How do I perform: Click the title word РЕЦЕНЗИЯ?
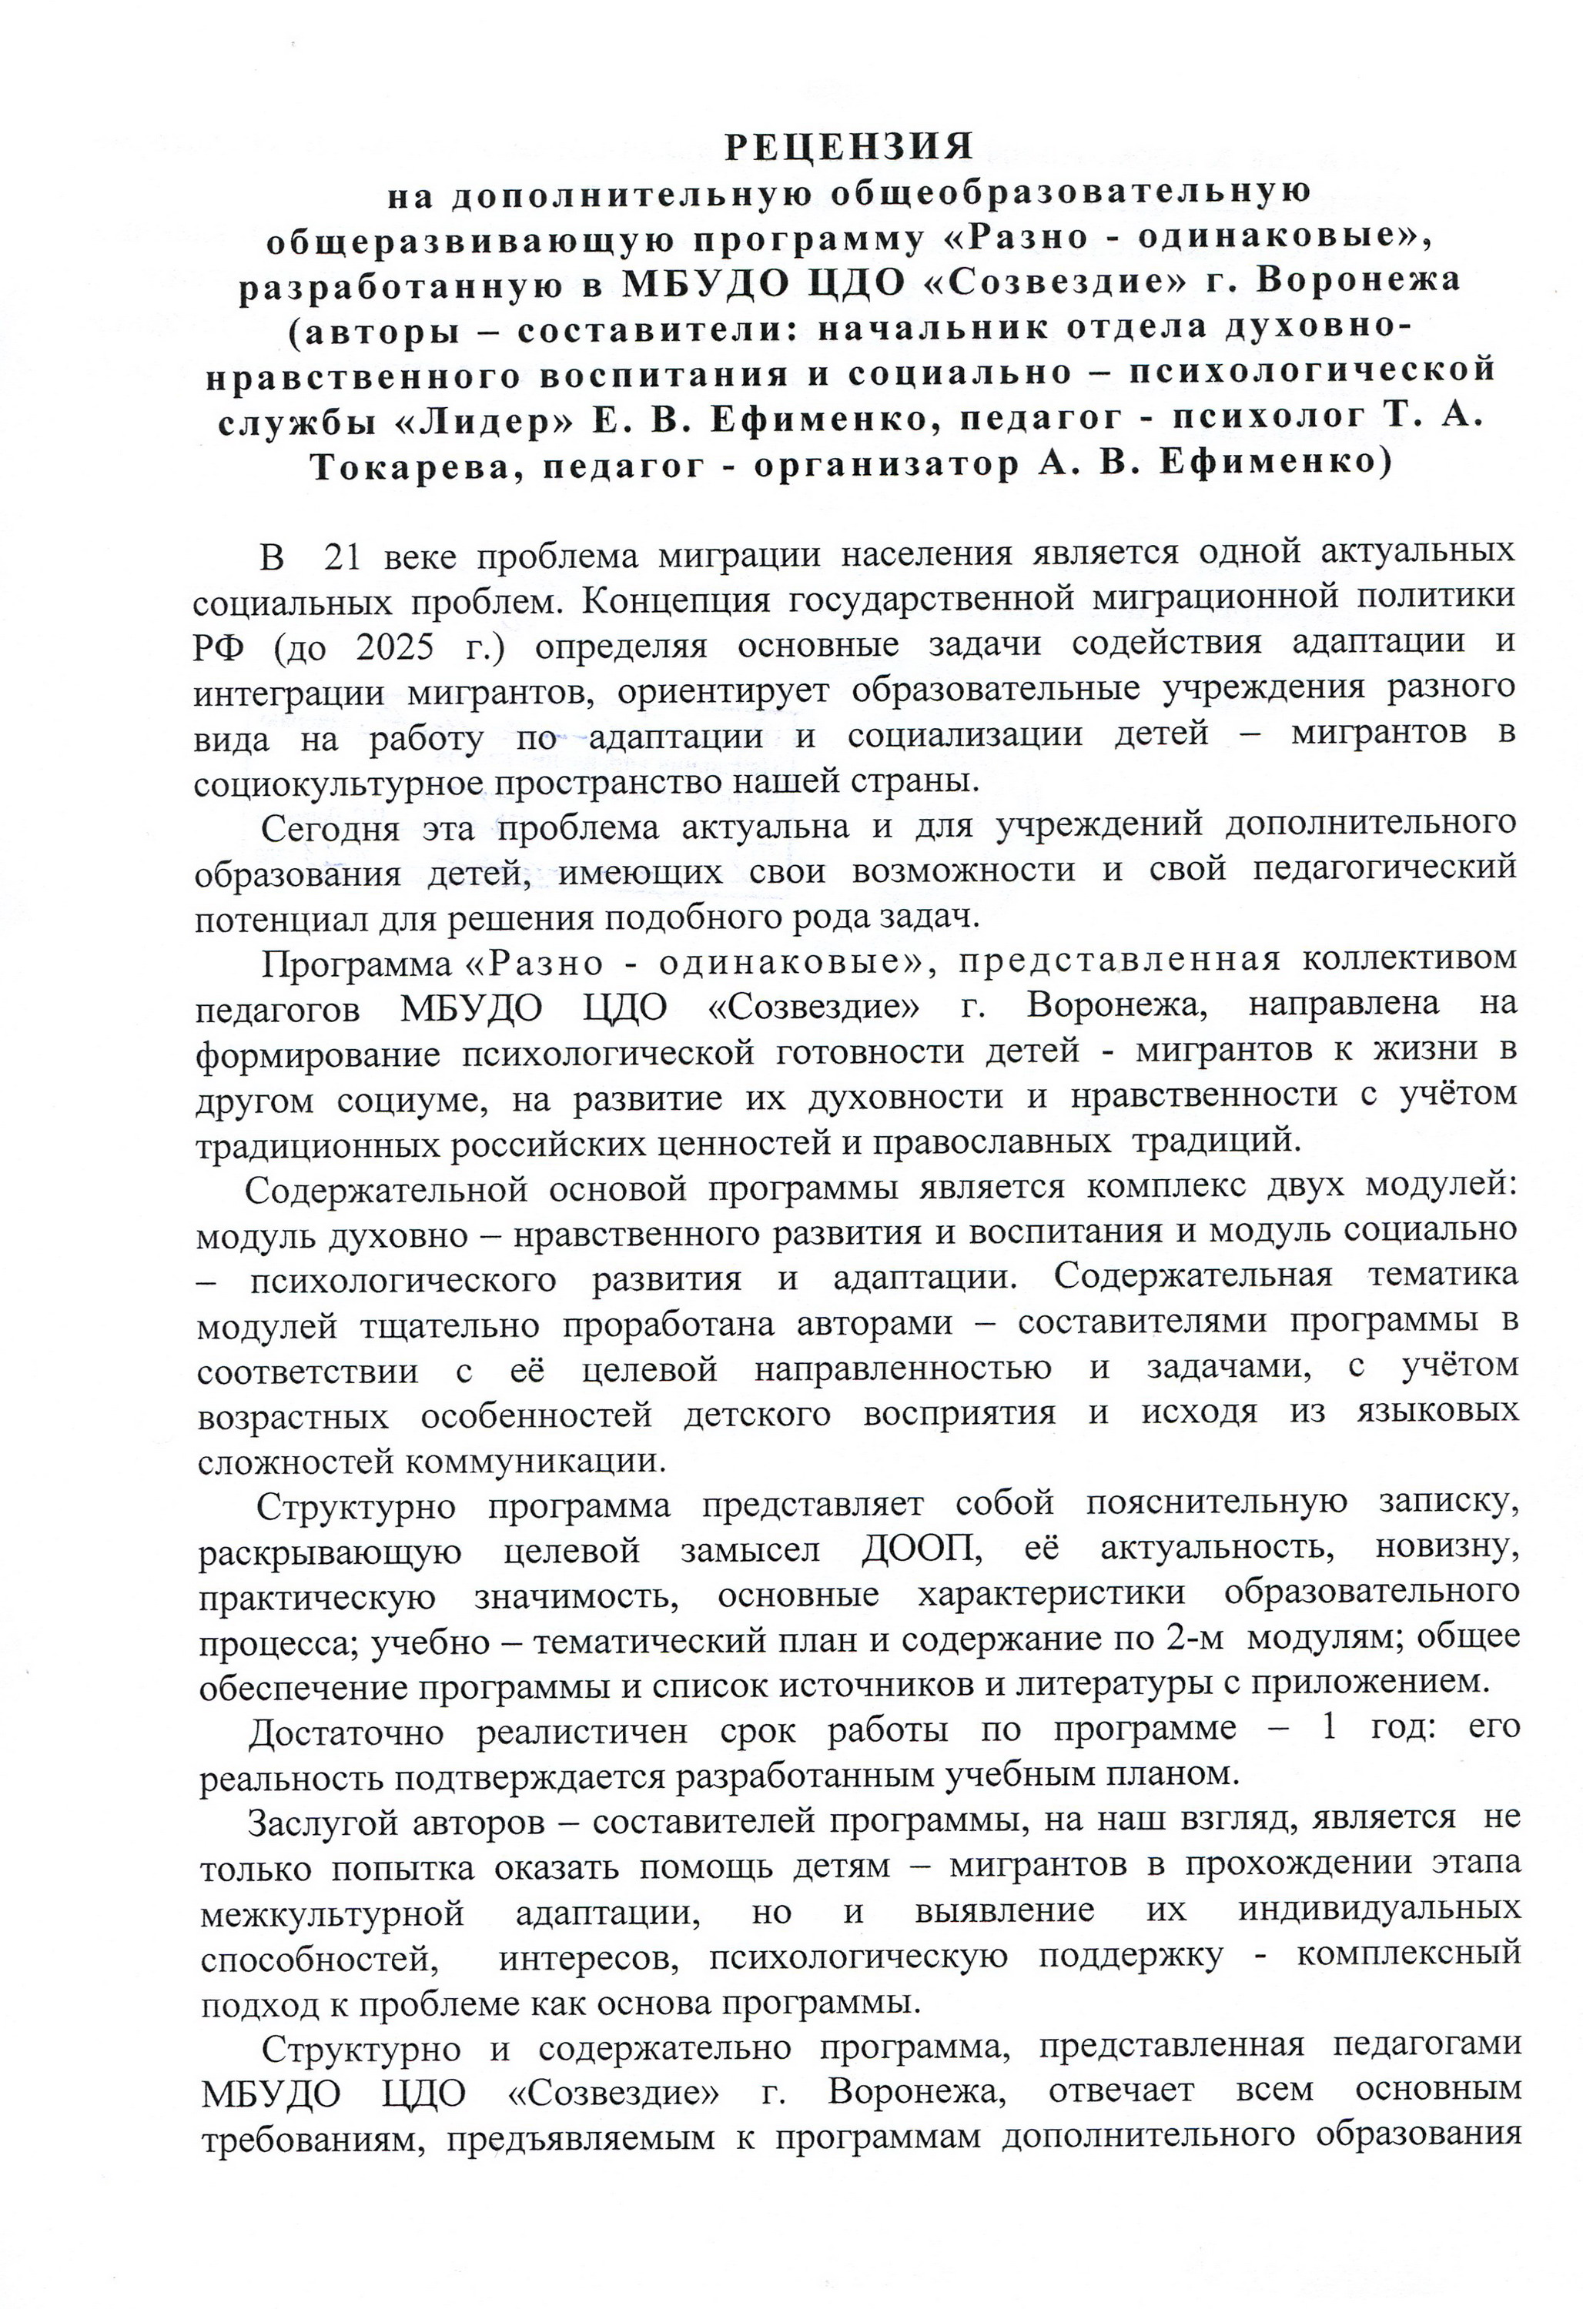(x=848, y=146)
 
